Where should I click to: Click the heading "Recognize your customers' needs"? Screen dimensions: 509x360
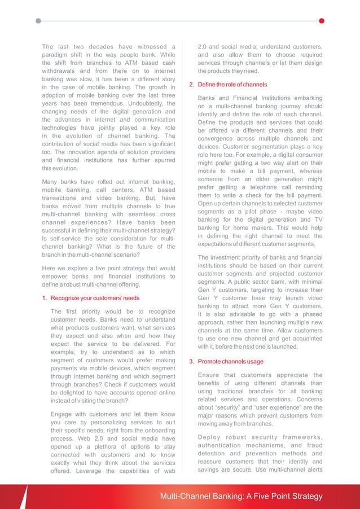pos(95,298)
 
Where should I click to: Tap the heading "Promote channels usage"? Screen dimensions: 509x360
pos(230,362)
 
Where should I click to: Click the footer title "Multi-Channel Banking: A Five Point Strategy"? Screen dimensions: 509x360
pos(242,497)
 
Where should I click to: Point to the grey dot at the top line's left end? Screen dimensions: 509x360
pos(38,21)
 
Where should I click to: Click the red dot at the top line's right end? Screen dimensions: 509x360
pos(322,21)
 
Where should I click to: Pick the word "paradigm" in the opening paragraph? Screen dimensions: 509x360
pos(58,55)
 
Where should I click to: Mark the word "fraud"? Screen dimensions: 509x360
pos(312,445)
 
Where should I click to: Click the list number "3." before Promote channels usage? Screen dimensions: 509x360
pos(191,362)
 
